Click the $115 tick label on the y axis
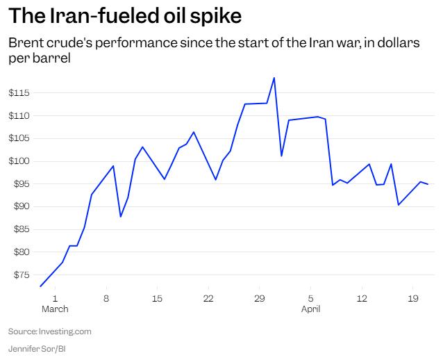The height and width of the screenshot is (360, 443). (18, 92)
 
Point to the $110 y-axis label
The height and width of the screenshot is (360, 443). (18, 115)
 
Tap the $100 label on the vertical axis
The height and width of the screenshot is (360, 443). (18, 161)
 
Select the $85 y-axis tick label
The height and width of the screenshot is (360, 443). (18, 229)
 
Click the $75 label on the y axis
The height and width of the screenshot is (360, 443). (18, 275)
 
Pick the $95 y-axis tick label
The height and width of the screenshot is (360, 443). (18, 184)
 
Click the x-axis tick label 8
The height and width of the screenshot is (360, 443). (106, 298)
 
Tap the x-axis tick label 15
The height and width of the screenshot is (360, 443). (158, 298)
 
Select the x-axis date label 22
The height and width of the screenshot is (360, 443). (208, 298)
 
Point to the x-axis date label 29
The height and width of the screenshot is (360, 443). (259, 298)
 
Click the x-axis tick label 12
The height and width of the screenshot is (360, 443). (362, 298)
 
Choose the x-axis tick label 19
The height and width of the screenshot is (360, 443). (413, 298)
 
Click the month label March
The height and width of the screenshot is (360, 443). (55, 309)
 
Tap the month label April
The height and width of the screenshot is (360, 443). (310, 309)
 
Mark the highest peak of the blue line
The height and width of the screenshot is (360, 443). (274, 78)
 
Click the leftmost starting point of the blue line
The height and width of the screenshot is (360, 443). (40, 286)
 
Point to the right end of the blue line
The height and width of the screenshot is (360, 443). (428, 184)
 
